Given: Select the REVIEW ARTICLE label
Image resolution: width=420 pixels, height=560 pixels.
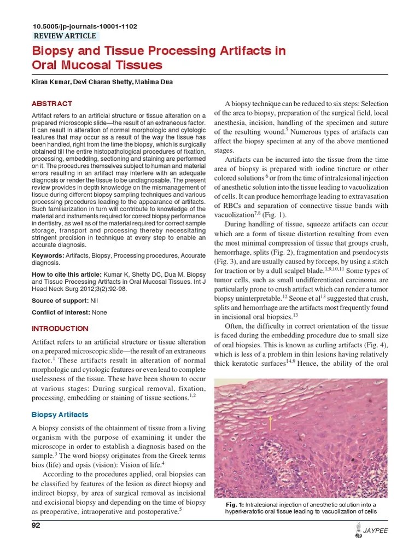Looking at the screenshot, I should click(x=65, y=36).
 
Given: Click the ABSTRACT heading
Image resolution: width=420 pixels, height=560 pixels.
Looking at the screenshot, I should click(x=52, y=103).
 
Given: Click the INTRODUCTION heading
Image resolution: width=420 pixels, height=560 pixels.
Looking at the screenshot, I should click(x=60, y=329).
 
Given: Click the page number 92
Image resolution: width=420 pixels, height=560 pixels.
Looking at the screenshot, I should click(x=37, y=526).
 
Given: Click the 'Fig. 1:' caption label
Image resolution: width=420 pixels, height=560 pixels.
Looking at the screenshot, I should click(x=234, y=504).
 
